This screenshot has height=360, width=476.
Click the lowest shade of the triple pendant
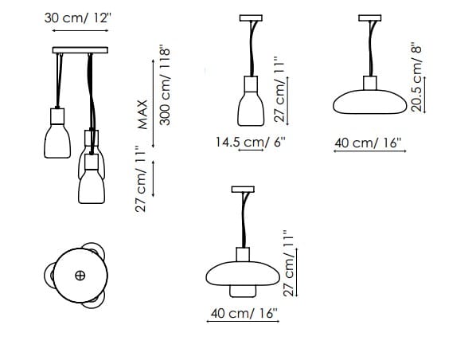point(92,186)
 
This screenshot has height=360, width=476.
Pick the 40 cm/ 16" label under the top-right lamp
point(369,143)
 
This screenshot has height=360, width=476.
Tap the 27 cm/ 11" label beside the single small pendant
point(279,89)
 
